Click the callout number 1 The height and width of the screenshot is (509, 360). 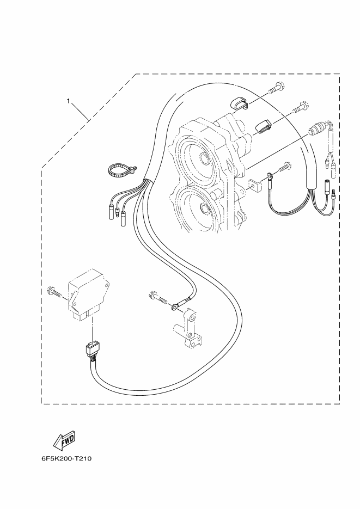click(x=68, y=101)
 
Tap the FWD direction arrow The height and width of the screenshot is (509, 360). click(x=64, y=440)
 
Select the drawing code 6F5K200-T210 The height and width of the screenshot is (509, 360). click(x=66, y=459)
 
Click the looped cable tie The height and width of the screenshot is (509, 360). click(x=121, y=170)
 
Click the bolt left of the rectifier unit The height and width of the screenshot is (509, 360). click(x=54, y=291)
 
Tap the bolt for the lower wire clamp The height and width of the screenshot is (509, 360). click(x=300, y=107)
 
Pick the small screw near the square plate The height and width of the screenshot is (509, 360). click(x=284, y=167)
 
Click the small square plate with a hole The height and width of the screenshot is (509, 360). click(x=255, y=185)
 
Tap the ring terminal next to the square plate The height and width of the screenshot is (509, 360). click(x=269, y=176)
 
